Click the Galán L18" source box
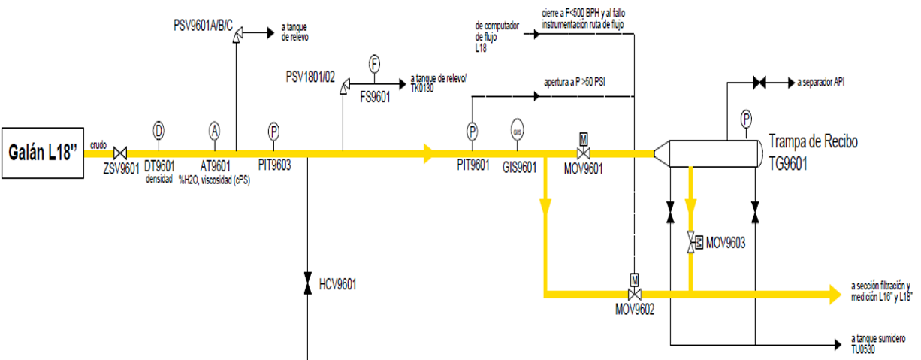coord(43,153)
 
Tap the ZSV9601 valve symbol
coord(119,153)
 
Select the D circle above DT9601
coord(159,130)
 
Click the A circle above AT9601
coord(214,130)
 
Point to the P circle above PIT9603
coord(273,131)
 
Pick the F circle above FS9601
coord(374,64)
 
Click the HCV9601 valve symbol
coord(307,284)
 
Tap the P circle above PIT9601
coord(472,131)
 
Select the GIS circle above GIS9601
coord(517,130)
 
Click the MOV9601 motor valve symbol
coord(583,153)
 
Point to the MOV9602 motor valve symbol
coord(633,292)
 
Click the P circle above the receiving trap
coord(746,118)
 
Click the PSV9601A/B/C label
coord(201,26)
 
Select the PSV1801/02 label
coord(310,76)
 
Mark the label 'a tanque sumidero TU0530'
coord(877,344)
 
